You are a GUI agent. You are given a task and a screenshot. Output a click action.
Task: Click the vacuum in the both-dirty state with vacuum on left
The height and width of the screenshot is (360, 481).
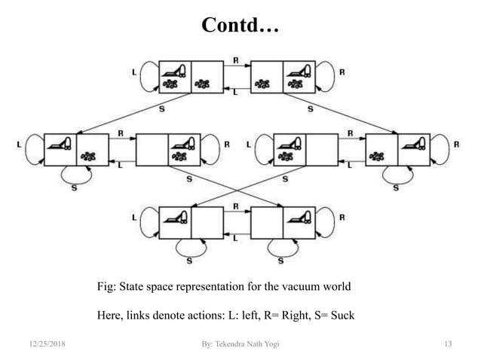point(175,71)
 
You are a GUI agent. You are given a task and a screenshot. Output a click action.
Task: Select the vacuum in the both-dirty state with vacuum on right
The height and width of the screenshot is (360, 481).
point(299,71)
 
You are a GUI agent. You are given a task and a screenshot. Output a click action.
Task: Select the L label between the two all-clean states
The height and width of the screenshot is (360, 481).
point(236,238)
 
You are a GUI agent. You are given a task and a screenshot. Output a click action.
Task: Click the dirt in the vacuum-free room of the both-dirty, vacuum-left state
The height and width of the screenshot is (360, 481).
point(205,84)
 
